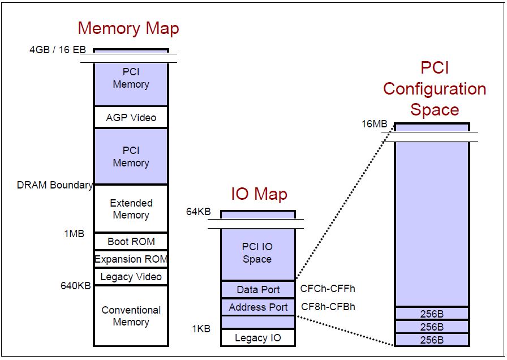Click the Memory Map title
pos(128,28)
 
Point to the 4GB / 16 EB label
pos(57,50)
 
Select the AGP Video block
pos(131,118)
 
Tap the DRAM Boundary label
pos(55,185)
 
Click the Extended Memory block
pos(131,209)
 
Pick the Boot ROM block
pos(131,241)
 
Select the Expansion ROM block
pos(131,259)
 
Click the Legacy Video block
pos(131,277)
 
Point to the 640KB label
pos(76,286)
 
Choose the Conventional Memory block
pos(131,316)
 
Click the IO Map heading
pos(259,194)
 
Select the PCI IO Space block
pos(257,254)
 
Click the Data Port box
pos(258,289)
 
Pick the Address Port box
pos(258,307)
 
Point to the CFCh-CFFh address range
pos(328,289)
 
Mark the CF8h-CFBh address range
pos(328,307)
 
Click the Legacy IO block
pos(258,338)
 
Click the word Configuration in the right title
pos(434,89)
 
